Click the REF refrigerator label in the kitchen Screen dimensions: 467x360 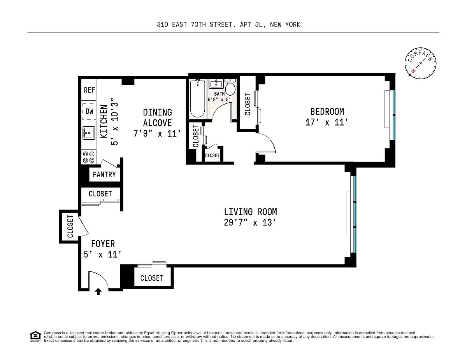click(x=89, y=90)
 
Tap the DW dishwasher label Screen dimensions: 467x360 click(x=90, y=111)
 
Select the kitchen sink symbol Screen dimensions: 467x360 click(x=89, y=133)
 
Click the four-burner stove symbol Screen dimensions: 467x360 click(x=89, y=157)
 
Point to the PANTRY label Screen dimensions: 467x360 click(x=104, y=175)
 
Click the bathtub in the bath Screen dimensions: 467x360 click(x=198, y=98)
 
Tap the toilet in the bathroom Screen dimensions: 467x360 click(x=230, y=87)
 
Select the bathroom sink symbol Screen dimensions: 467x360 click(x=216, y=84)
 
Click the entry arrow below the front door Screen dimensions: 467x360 click(x=98, y=292)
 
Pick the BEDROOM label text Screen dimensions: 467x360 click(x=327, y=112)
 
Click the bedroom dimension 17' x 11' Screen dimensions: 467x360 click(x=327, y=122)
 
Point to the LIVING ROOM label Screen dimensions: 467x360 click(x=250, y=212)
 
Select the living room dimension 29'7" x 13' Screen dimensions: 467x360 click(x=250, y=222)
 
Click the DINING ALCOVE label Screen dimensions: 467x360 click(x=158, y=118)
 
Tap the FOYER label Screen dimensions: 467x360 click(x=103, y=244)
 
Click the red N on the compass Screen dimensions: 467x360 click(x=413, y=71)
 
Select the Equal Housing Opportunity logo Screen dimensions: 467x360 click(x=35, y=336)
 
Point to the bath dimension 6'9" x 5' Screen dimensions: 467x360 click(x=219, y=100)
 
